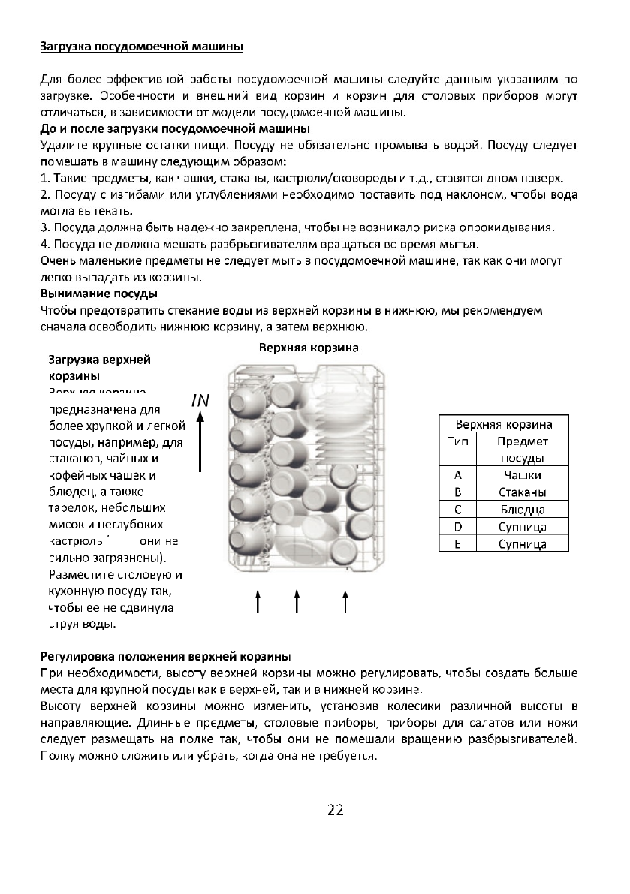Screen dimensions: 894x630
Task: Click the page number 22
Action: tap(335, 810)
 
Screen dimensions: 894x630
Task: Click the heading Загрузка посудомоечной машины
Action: tap(141, 47)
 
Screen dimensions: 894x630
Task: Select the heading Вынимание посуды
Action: tap(98, 293)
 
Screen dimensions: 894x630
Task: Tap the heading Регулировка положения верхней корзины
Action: tap(164, 656)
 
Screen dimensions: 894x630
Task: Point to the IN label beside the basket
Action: tap(200, 401)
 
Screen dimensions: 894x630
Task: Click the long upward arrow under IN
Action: tap(201, 443)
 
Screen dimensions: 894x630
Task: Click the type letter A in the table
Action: tap(457, 475)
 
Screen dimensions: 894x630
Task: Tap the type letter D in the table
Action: tap(457, 527)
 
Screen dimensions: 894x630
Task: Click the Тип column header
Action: tap(457, 441)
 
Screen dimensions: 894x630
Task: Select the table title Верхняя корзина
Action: tap(504, 423)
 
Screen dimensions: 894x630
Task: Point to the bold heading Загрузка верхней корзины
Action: tap(89, 366)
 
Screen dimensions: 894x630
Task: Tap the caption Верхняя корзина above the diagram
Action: tap(309, 348)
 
